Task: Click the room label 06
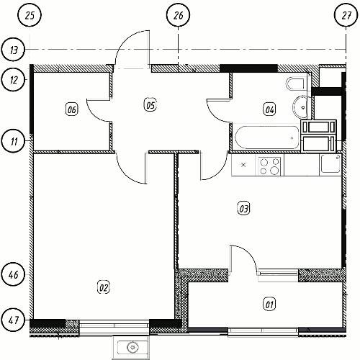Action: point(72,109)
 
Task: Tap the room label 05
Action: point(150,105)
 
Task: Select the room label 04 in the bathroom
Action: point(269,109)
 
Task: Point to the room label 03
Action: point(243,208)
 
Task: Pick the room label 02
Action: point(104,287)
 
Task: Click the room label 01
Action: point(269,305)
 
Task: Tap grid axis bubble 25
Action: point(30,15)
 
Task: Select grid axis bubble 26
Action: point(178,15)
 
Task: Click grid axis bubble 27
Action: point(346,15)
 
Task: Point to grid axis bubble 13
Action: point(14,50)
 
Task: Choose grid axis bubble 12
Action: point(14,79)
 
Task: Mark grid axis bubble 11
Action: point(14,140)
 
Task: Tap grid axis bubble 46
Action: point(14,274)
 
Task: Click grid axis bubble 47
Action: point(14,320)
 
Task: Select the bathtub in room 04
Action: point(267,138)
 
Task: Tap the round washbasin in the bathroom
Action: point(300,107)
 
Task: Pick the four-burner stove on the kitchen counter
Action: point(269,166)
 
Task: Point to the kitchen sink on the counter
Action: point(330,163)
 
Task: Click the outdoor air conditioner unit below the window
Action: point(132,347)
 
